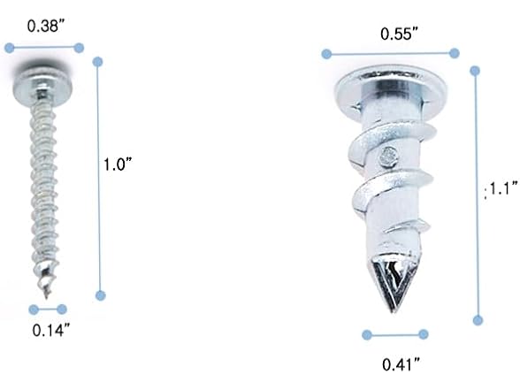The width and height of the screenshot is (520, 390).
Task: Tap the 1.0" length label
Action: coord(118,164)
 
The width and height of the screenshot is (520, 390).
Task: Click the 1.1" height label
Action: coord(497,187)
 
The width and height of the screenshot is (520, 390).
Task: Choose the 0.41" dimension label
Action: coord(401,363)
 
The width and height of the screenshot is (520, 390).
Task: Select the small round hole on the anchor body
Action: coord(386,157)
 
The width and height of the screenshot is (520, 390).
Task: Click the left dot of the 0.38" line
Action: coord(12,48)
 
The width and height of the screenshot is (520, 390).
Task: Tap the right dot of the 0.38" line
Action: coord(79,48)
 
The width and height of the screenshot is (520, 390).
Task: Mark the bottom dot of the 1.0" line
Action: coord(99,296)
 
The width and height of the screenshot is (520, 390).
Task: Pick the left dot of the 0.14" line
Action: coord(34,310)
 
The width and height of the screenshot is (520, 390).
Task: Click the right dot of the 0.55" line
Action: coord(455,53)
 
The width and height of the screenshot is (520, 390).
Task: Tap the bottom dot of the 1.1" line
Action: coord(478,320)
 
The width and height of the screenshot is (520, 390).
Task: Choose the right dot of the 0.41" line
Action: coord(424,333)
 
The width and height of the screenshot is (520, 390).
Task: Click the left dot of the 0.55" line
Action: coord(326,54)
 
